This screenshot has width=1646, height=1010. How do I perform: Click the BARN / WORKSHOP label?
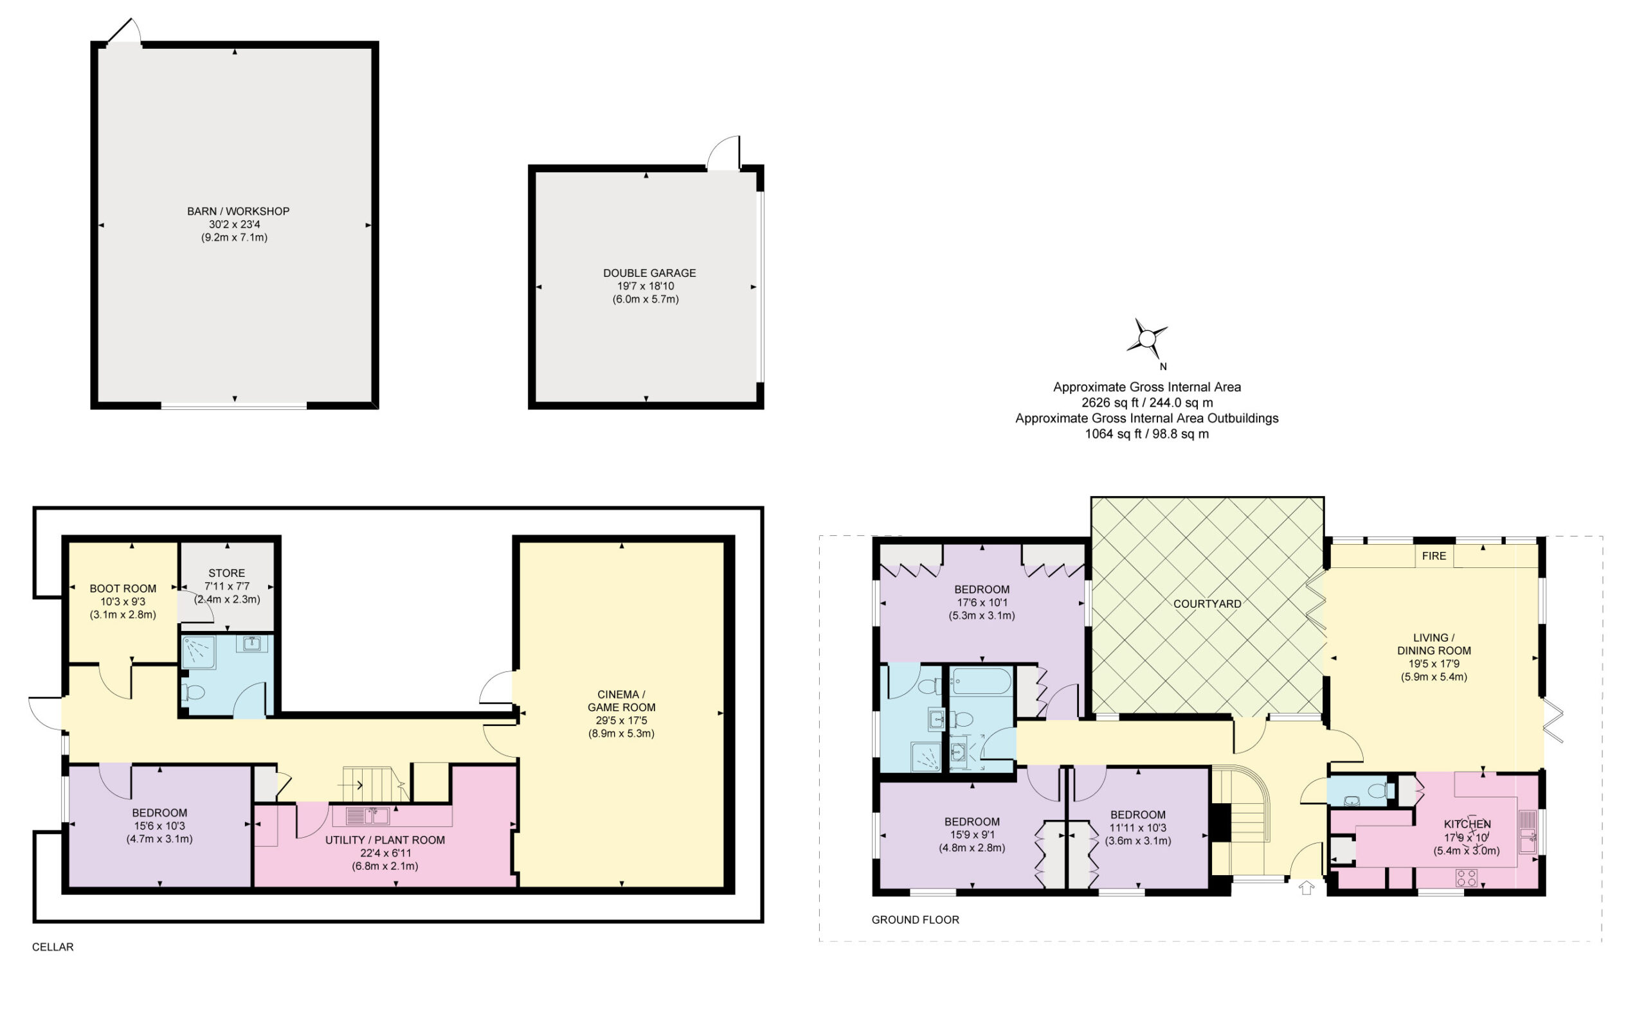238,212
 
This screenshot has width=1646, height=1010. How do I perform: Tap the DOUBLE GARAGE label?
649,273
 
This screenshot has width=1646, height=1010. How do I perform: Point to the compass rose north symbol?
1148,340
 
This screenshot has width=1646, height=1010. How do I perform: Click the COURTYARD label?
1207,604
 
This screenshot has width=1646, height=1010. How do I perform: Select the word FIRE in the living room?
1433,556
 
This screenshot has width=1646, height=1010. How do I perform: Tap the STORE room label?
226,573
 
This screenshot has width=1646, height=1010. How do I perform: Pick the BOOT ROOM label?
123,589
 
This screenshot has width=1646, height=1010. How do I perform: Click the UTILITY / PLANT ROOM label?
385,840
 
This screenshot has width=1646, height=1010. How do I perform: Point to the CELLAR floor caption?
53,946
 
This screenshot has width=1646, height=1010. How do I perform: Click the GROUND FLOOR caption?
915,920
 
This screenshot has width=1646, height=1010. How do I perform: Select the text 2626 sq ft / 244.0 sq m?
1147,403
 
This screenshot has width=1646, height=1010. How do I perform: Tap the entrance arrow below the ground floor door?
1307,888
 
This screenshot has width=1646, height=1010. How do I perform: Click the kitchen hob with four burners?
1466,878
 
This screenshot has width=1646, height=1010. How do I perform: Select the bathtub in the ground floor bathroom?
982,681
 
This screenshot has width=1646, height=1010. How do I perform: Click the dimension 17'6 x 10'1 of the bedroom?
982,603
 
